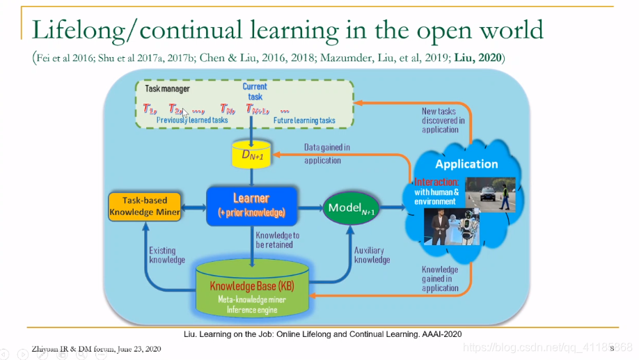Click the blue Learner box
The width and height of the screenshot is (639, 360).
tap(251, 205)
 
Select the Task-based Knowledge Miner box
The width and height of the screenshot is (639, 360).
tap(144, 206)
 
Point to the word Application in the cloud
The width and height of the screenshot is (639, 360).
tap(466, 164)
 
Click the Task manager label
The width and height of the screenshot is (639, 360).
tap(167, 89)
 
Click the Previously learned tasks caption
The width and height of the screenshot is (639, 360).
tap(191, 120)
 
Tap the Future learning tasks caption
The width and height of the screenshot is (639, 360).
tap(304, 120)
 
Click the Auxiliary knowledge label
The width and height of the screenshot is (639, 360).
tap(372, 255)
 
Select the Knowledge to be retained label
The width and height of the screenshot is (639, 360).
tap(278, 240)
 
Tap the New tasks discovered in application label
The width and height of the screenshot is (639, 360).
tap(439, 120)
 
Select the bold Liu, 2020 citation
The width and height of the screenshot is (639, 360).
tap(480, 57)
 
